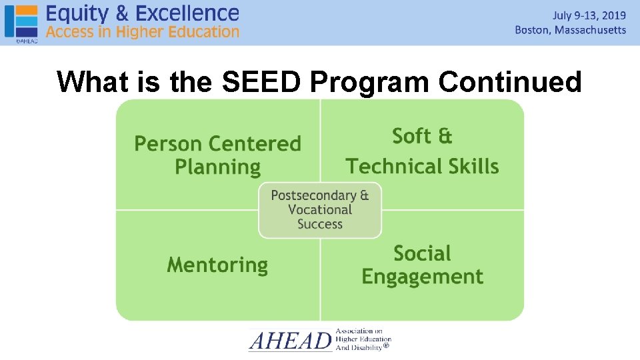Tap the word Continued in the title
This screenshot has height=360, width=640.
(510, 82)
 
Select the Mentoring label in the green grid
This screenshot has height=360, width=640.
(217, 265)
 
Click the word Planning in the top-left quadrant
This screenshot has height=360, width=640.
(217, 167)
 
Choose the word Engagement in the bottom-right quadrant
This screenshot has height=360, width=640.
(422, 277)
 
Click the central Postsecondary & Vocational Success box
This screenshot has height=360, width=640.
(320, 210)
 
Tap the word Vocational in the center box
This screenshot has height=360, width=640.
(320, 209)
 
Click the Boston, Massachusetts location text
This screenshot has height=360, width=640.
(571, 30)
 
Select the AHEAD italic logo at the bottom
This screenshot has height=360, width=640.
(290, 341)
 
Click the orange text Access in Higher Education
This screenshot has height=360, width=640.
(142, 31)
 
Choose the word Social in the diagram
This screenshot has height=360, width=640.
(422, 253)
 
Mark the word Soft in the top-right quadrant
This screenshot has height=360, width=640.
(411, 136)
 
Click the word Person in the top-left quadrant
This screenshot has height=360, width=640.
(167, 143)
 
